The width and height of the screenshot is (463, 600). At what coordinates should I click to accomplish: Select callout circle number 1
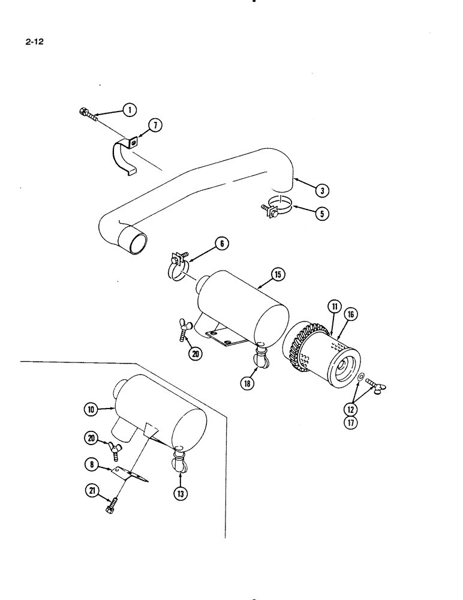(x=128, y=109)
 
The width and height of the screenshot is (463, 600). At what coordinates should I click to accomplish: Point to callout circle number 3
(x=322, y=191)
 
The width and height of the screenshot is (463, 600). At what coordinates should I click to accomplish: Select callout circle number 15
(x=278, y=275)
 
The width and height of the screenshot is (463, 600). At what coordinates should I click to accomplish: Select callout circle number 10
(x=91, y=409)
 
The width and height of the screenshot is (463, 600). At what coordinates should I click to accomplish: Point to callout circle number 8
(x=92, y=463)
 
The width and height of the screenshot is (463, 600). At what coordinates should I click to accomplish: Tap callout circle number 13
(x=180, y=493)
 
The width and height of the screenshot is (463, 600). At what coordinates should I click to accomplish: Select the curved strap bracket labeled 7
(x=122, y=156)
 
